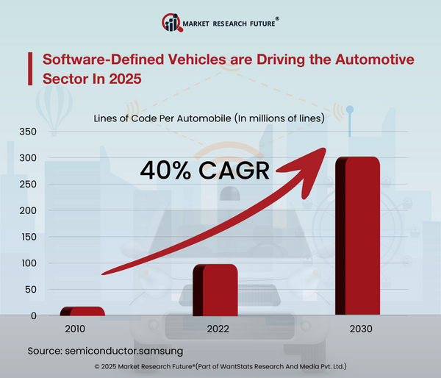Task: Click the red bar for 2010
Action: pos(82,311)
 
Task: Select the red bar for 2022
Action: pos(215,290)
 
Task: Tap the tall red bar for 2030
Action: pos(357,236)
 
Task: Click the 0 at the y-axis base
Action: pos(33,315)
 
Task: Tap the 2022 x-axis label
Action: pos(215,328)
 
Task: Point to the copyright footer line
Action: pos(220,365)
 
